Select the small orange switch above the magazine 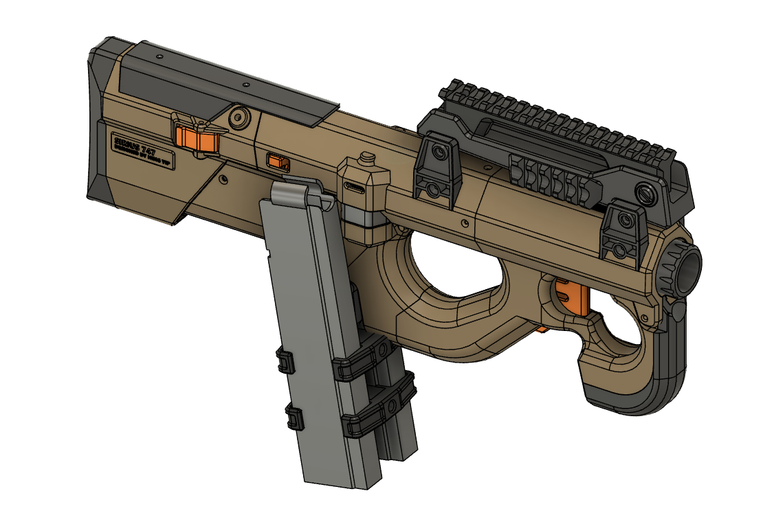click(278, 162)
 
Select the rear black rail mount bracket click(436, 172)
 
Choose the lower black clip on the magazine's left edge click(295, 416)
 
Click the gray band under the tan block click(364, 217)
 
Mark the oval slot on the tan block click(356, 187)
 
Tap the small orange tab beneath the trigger click(542, 330)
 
